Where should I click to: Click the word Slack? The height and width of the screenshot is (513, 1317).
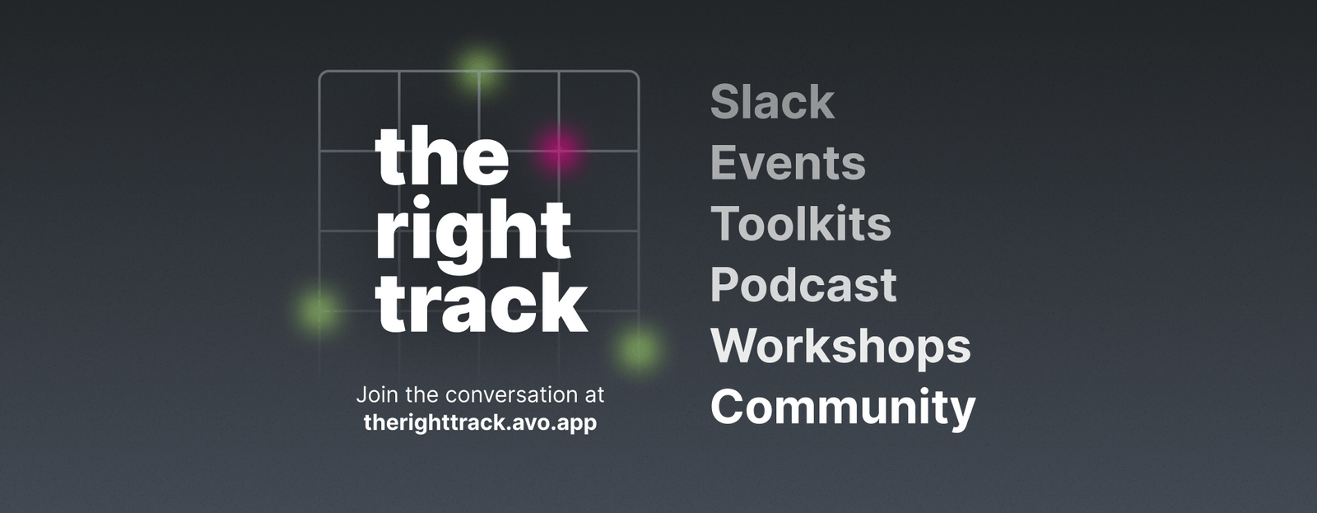pyautogui.click(x=771, y=102)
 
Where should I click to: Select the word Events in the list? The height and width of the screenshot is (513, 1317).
pyautogui.click(x=787, y=163)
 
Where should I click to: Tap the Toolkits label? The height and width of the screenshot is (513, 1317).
pyautogui.click(x=800, y=224)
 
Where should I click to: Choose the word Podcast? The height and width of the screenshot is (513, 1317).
pyautogui.click(x=803, y=285)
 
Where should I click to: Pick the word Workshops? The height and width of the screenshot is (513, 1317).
pyautogui.click(x=840, y=346)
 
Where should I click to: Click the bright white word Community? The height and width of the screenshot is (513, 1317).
pyautogui.click(x=842, y=407)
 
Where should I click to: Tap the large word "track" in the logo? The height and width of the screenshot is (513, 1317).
pyautogui.click(x=482, y=303)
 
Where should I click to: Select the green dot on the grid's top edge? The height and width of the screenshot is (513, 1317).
pyautogui.click(x=479, y=67)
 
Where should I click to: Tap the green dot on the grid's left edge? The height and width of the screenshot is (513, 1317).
pyautogui.click(x=318, y=310)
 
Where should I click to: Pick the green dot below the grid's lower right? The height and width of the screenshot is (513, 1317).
pyautogui.click(x=638, y=348)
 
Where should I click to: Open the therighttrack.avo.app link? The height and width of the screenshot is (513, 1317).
pyautogui.click(x=480, y=423)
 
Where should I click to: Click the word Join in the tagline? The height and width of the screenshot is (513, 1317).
pyautogui.click(x=373, y=395)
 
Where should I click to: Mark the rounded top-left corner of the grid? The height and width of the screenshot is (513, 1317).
pyautogui.click(x=322, y=74)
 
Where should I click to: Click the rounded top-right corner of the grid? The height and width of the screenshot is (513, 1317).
pyautogui.click(x=635, y=74)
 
